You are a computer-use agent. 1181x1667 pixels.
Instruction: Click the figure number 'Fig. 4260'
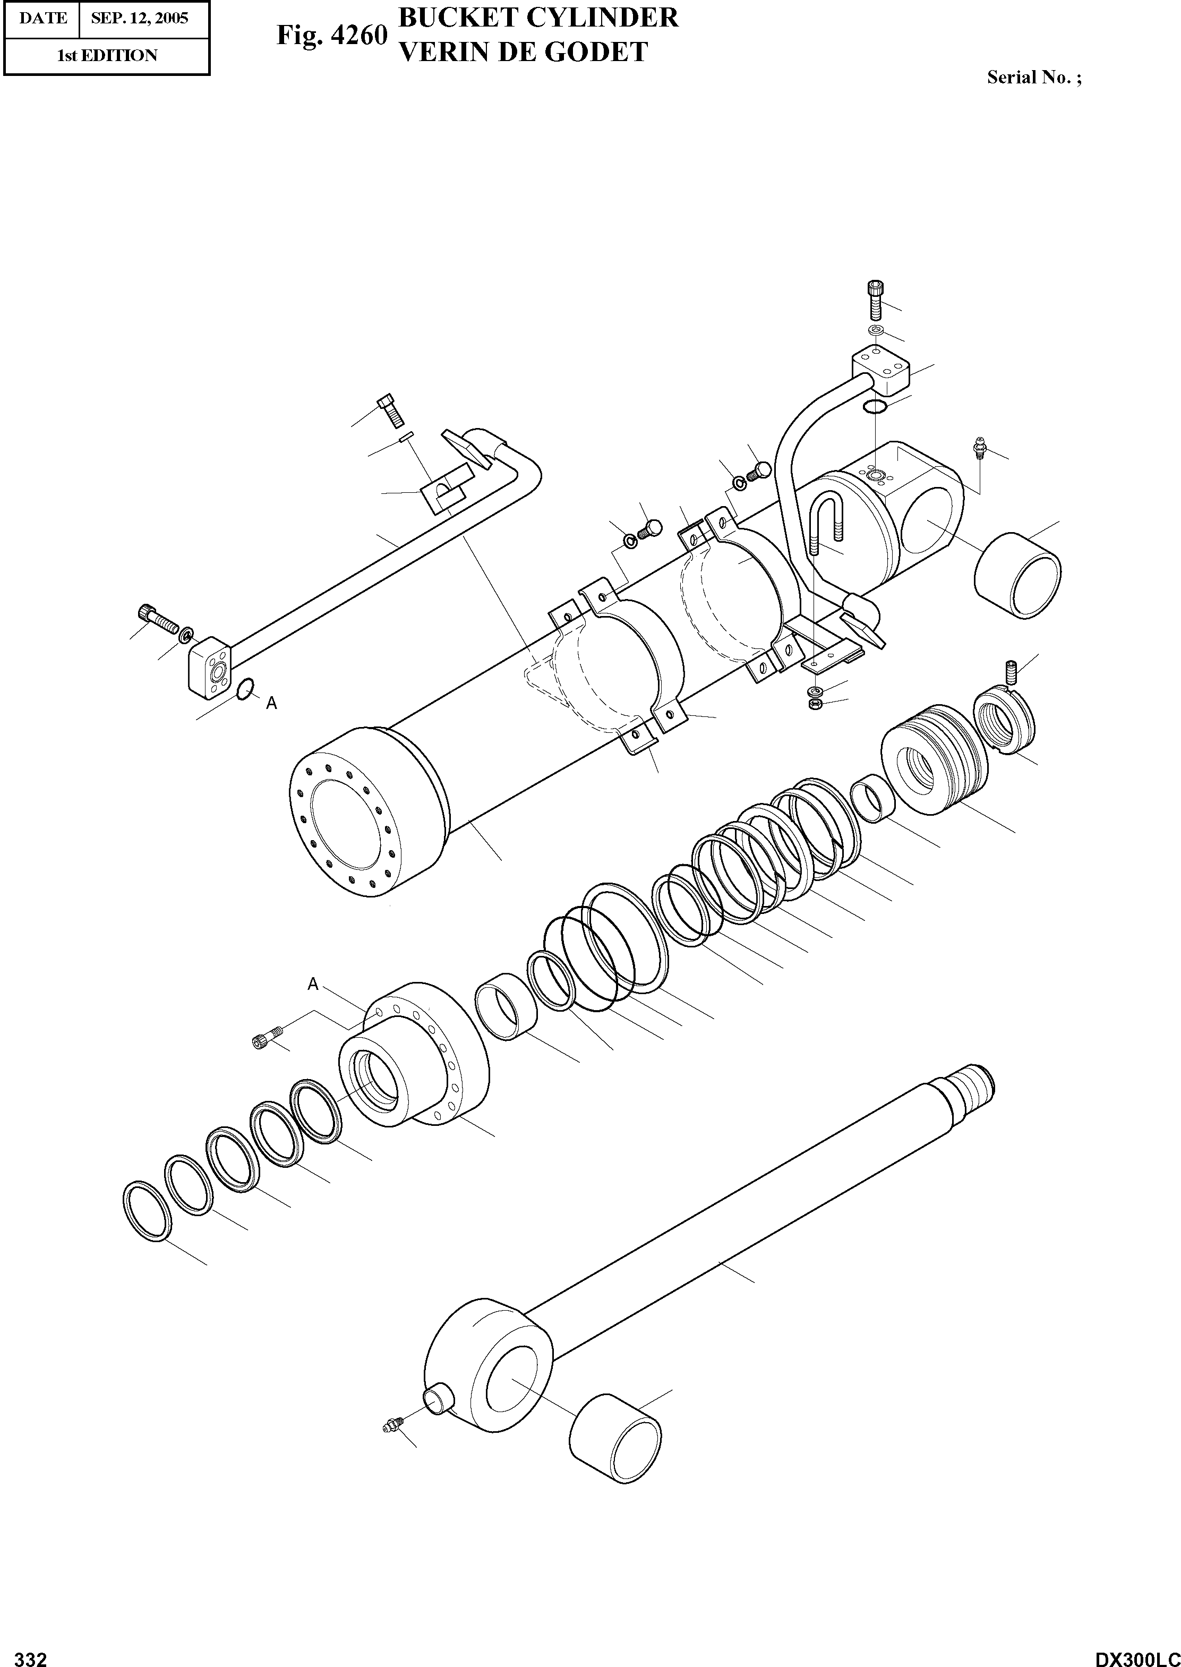click(331, 36)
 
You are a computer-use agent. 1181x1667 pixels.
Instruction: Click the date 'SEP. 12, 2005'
click(139, 18)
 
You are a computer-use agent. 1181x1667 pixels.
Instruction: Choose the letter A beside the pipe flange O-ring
click(271, 703)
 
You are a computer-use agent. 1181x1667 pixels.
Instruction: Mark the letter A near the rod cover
click(313, 984)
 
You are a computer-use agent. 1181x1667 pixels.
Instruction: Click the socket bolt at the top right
click(875, 299)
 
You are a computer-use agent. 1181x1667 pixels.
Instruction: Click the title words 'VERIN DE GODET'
click(523, 53)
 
